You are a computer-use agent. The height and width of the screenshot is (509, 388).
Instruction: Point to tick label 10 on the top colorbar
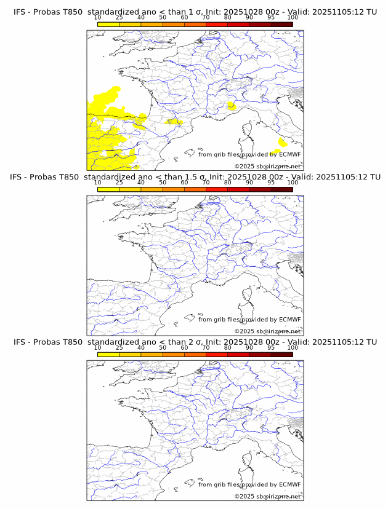[98, 18]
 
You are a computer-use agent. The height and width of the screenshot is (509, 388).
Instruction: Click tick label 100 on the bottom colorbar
[293, 347]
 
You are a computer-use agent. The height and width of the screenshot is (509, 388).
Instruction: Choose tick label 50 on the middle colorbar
[163, 183]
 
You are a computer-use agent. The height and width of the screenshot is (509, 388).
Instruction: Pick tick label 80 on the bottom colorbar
[228, 347]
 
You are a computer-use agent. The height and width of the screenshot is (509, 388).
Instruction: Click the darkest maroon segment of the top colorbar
[281, 24]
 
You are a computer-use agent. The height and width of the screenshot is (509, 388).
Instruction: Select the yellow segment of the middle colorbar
[108, 189]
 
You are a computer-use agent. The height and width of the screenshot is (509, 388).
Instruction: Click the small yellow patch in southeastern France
[231, 106]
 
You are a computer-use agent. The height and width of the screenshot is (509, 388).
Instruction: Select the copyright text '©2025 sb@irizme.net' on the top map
[267, 166]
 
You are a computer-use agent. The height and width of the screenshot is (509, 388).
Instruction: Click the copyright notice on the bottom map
[267, 495]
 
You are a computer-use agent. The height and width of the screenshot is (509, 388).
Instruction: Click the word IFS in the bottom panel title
[20, 342]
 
